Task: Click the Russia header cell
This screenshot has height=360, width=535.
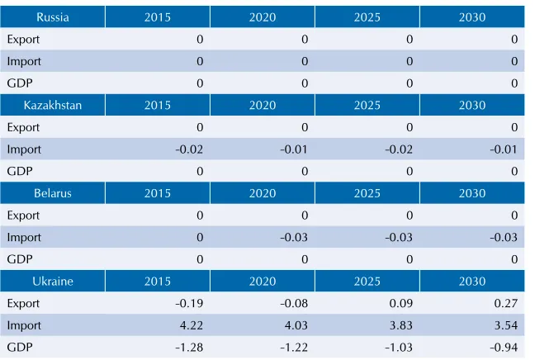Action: tap(53, 17)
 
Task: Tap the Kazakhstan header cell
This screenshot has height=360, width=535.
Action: tap(53, 105)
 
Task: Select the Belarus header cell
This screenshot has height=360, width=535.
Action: tap(53, 193)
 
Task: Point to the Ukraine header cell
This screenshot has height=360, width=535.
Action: tap(53, 282)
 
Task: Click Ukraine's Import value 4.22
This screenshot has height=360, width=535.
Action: tap(191, 325)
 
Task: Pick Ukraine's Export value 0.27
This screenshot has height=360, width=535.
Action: tap(505, 303)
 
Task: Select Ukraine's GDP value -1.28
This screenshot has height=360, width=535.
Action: tap(189, 348)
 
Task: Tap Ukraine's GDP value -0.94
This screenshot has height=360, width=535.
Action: tap(504, 348)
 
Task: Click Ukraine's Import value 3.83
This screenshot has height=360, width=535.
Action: tap(401, 325)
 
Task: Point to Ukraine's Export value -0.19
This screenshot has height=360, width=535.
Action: tap(189, 303)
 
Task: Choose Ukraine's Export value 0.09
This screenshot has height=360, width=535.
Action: tap(401, 303)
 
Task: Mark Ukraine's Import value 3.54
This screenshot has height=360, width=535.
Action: tap(505, 325)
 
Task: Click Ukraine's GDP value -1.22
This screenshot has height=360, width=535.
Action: tap(294, 348)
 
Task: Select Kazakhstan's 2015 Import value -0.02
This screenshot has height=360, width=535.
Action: tap(189, 149)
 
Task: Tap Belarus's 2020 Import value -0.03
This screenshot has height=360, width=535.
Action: tap(294, 237)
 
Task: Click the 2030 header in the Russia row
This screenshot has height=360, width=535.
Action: tap(472, 17)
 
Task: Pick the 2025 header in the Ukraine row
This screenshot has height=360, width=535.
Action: tap(367, 282)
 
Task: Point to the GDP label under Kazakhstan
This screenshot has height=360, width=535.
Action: tap(20, 171)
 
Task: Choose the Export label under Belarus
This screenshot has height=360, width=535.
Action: tap(23, 216)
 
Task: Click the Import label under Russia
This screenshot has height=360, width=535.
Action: tap(24, 62)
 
